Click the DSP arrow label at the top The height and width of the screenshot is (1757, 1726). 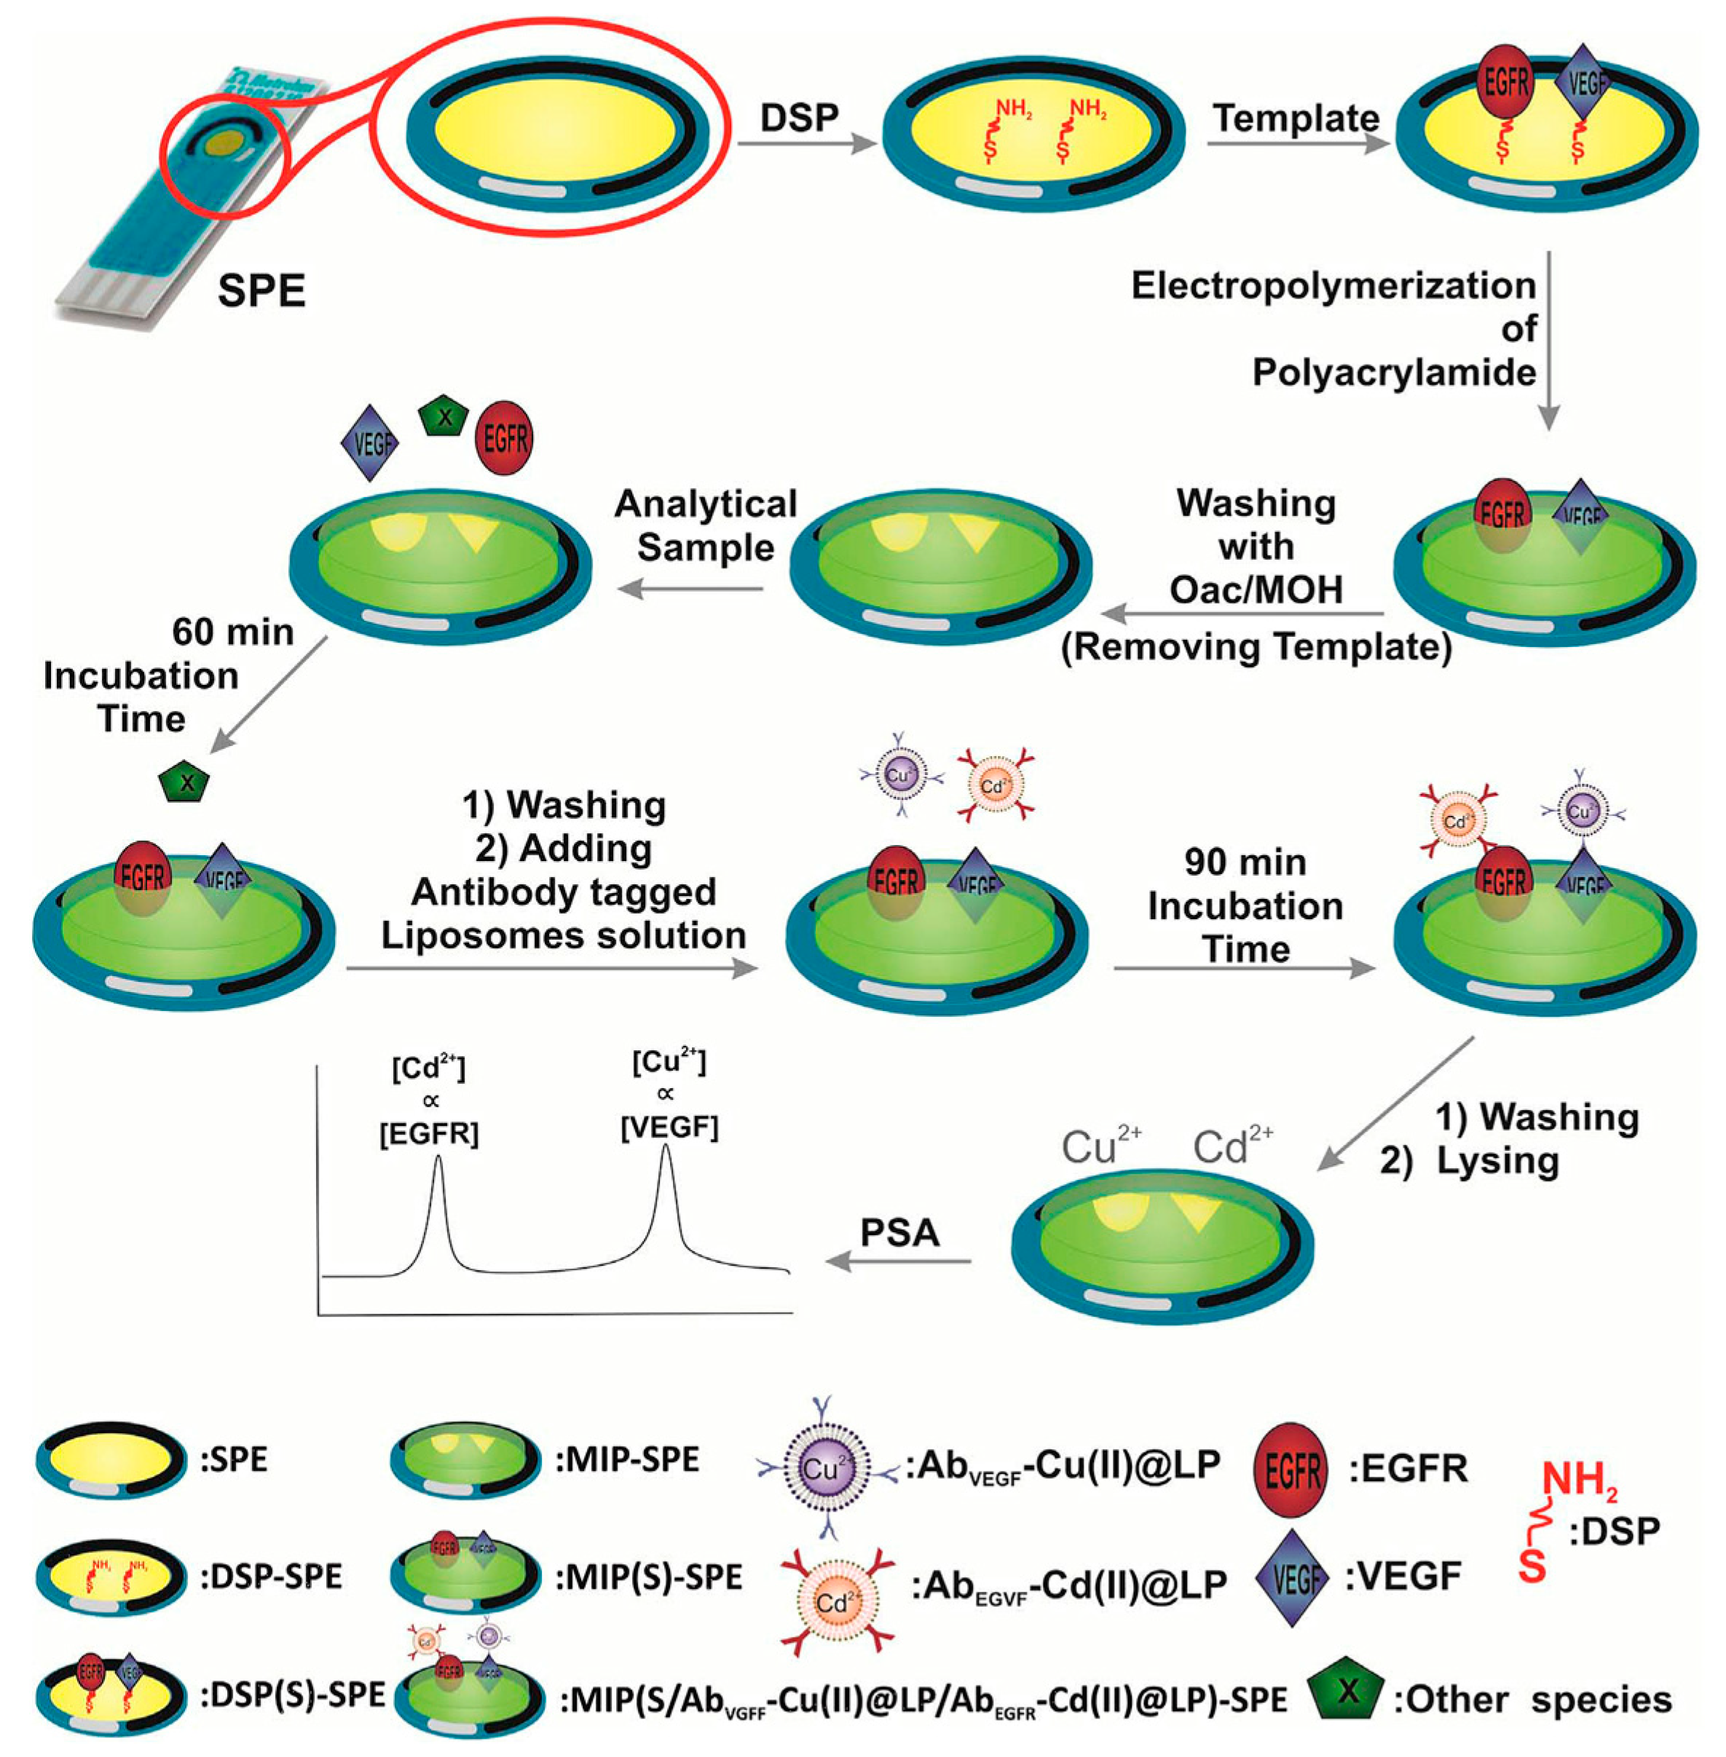coord(799,119)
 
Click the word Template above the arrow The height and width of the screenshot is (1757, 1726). coord(1296,119)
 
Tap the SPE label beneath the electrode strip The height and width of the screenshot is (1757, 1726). coord(262,292)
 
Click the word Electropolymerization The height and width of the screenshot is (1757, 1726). coord(1333,286)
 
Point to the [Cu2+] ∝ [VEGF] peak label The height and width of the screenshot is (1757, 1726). coord(669,1094)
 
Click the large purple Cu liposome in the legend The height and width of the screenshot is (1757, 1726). coord(821,1468)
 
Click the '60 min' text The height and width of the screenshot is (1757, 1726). coord(234,632)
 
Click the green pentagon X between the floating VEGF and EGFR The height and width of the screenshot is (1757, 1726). coord(444,419)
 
